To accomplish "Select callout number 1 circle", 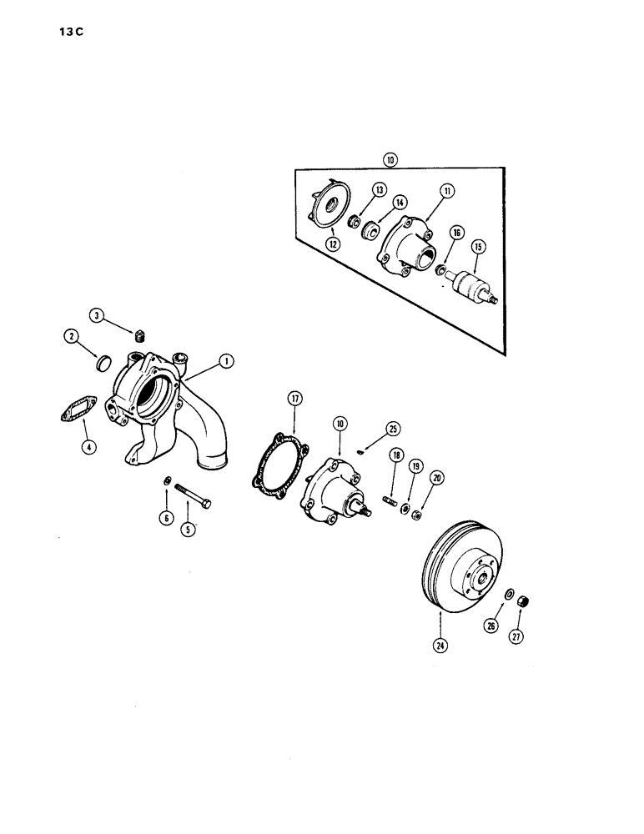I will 225,361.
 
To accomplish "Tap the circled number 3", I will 98,316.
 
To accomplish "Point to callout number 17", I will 294,399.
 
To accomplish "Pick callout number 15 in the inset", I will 478,247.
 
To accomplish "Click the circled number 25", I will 393,429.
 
